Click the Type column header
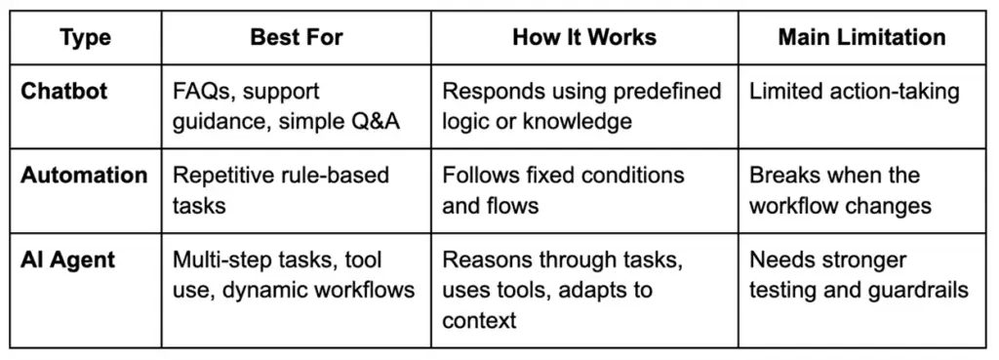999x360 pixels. pos(85,38)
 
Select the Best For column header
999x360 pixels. pos(297,38)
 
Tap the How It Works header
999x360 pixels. pos(584,38)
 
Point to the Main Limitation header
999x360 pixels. pos(861,38)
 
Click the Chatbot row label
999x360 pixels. pos(65,92)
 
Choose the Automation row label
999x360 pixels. pos(85,176)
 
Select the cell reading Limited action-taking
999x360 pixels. pos(854,92)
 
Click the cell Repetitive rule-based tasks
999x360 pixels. pos(280,190)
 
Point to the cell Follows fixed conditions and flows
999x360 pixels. pos(563,190)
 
